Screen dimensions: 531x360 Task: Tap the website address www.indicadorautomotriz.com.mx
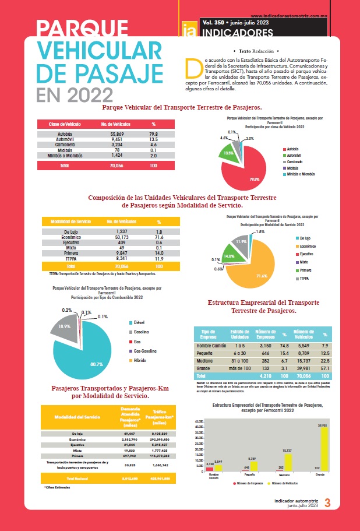click(x=298, y=16)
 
